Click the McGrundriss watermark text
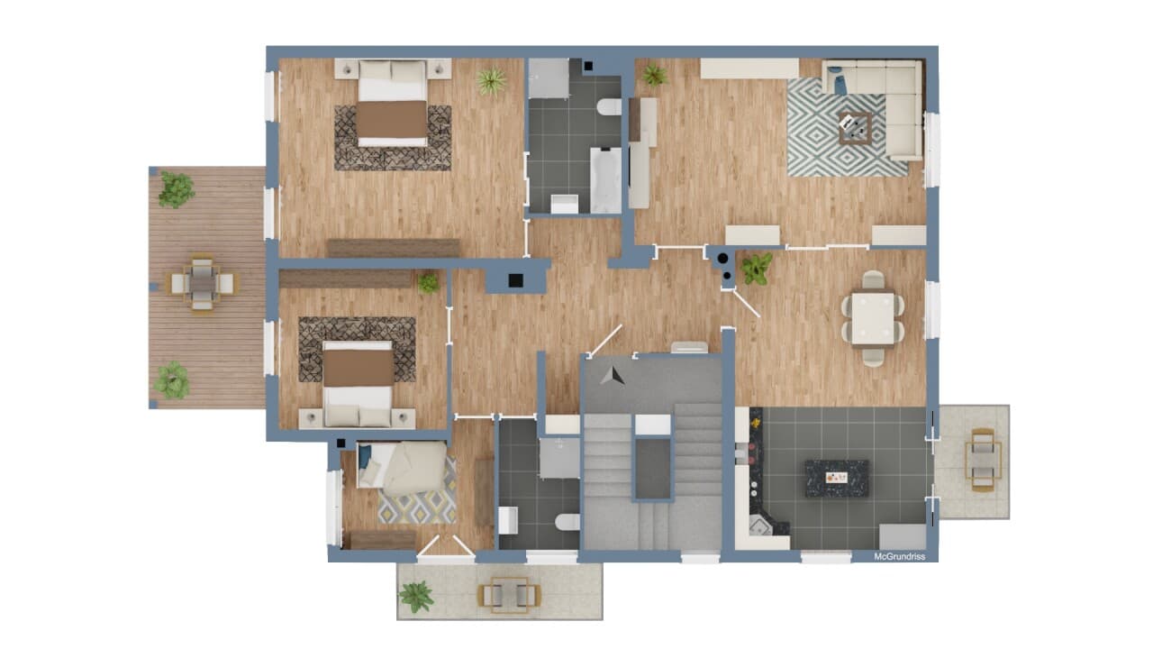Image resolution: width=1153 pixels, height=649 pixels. (x=899, y=556)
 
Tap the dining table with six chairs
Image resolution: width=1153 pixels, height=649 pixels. (x=873, y=318)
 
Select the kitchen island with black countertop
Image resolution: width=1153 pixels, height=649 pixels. (x=837, y=479)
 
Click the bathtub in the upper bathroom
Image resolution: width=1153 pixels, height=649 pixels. (x=606, y=180)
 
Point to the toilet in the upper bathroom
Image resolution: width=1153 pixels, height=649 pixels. (x=609, y=106)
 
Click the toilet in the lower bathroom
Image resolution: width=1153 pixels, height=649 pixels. (x=567, y=522)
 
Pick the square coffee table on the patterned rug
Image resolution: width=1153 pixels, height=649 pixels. (x=855, y=128)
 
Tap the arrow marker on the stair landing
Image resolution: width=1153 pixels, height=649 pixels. (x=612, y=376)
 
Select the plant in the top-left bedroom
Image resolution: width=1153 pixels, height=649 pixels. (x=491, y=81)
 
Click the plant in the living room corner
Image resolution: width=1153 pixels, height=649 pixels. (x=654, y=75)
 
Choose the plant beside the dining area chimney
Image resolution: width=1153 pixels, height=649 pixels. (x=757, y=269)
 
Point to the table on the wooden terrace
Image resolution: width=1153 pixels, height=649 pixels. (x=202, y=283)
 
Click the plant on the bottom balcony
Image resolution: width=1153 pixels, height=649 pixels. (x=416, y=597)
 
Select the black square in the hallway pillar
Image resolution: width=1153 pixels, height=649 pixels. (x=516, y=280)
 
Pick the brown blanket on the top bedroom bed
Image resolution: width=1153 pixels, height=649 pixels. (x=392, y=120)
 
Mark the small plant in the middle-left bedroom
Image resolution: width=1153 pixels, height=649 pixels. (x=428, y=283)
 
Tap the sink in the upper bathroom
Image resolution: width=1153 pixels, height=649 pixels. (x=565, y=204)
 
